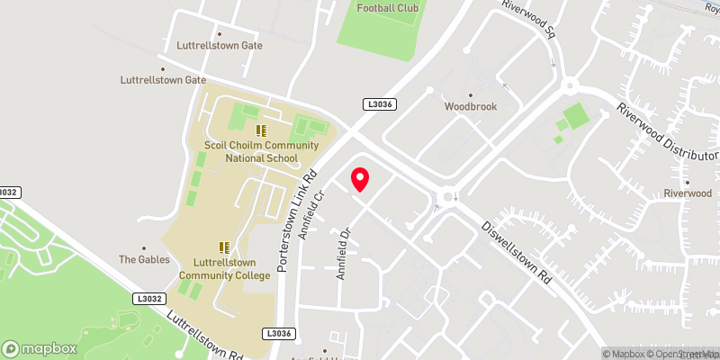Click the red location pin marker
(360, 179)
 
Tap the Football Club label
(389, 8)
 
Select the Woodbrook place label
(471, 106)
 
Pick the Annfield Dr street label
(343, 254)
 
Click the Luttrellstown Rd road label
(205, 334)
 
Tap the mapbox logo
(39, 348)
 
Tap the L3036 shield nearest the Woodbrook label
(378, 104)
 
